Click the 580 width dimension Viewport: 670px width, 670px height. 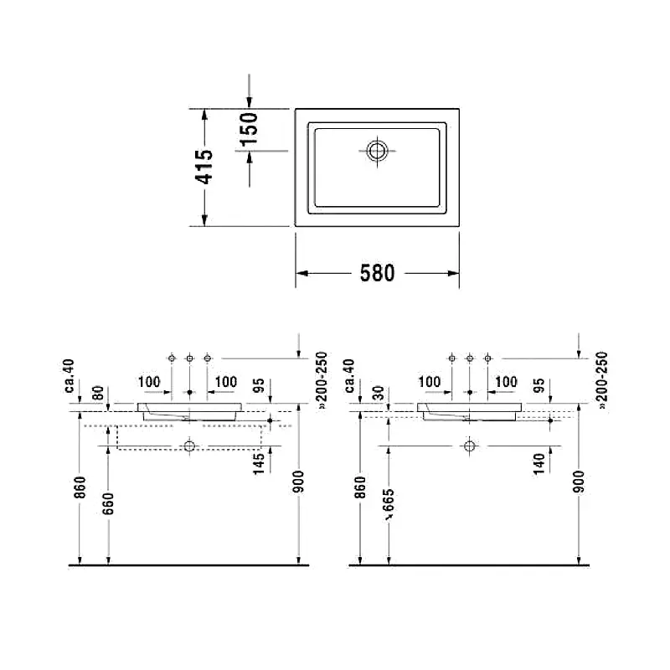(x=378, y=274)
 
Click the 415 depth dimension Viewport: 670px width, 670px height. (x=204, y=167)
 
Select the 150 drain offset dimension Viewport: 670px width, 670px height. (x=248, y=129)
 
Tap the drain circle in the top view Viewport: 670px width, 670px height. (x=377, y=151)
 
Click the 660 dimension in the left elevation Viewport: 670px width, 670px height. (x=109, y=503)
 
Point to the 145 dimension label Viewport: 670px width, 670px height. (x=259, y=464)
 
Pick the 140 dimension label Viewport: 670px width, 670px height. (x=539, y=464)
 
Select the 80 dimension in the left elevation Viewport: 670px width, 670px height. (x=98, y=393)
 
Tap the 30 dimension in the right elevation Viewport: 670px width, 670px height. (x=379, y=393)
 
